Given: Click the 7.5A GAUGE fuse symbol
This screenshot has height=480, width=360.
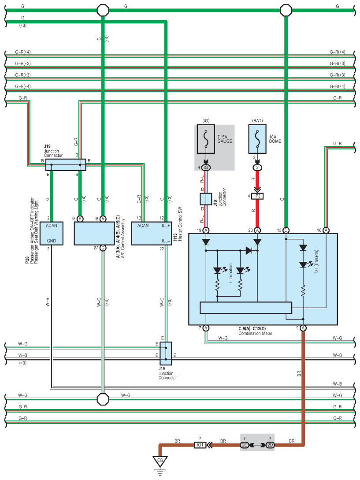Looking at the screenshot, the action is coord(206,139).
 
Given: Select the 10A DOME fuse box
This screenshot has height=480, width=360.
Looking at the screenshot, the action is coord(257,139).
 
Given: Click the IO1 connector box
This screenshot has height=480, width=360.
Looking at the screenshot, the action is coord(200,445).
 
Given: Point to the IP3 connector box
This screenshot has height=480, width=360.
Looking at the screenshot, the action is coord(257,196).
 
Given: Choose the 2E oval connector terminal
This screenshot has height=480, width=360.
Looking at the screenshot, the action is coord(245,445).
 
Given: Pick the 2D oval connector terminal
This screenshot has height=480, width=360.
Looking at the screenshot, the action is coord(270,445).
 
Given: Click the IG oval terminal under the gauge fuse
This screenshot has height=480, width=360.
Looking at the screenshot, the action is coord(206,167).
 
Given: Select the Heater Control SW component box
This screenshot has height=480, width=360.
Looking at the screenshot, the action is coord(152,233).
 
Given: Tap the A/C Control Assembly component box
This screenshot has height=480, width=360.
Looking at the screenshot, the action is coord(94,233).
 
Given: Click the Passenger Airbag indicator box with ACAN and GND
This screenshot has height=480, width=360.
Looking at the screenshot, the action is coord(52,233).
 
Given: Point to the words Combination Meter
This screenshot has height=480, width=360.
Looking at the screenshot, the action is coord(255,333).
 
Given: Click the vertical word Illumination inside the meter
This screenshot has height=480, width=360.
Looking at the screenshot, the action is coord(231,273).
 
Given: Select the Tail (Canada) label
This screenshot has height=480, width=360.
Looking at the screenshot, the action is coord(316,262).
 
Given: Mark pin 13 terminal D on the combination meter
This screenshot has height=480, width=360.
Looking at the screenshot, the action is coord(286,230).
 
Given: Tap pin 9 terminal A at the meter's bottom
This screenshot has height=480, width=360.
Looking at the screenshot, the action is coord(303,328).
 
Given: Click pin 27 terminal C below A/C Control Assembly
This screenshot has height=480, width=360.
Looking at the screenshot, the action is coord(103,248).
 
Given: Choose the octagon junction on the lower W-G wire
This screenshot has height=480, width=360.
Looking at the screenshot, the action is coord(103,399).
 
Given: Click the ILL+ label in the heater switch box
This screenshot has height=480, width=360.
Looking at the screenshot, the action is coord(166,226).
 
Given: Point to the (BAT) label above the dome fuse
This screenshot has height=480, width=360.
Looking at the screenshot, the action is coord(257,121).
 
